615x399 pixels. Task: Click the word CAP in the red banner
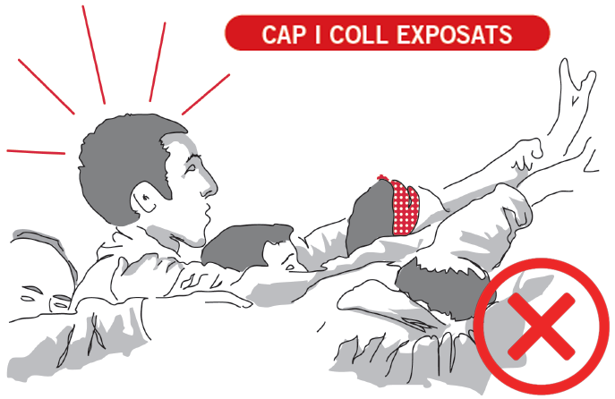[x=284, y=34]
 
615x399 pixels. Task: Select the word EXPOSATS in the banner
[x=455, y=34]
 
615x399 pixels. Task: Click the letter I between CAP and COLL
[x=318, y=34]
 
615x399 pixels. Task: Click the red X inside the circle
[x=542, y=327]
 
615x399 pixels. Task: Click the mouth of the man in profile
[x=207, y=215]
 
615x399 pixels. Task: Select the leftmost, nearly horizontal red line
[x=36, y=152]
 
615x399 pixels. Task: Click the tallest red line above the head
[x=94, y=55]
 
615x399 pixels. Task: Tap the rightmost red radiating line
[x=206, y=95]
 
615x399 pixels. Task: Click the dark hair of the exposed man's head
[x=122, y=165]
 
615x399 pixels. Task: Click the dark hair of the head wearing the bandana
[x=369, y=217]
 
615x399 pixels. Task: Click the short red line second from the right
[x=158, y=62]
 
